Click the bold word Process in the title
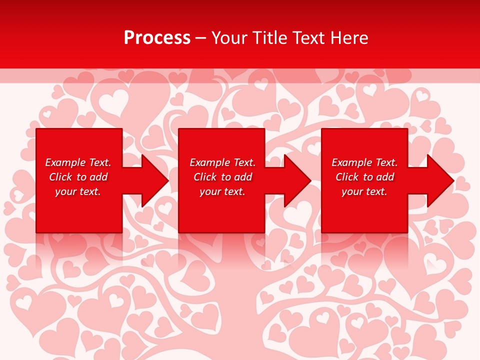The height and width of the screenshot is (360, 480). click(157, 38)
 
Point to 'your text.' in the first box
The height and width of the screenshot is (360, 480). click(78, 191)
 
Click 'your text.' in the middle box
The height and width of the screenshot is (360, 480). click(222, 191)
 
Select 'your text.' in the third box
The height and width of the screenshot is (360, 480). click(364, 191)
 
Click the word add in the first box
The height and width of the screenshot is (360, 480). click(99, 177)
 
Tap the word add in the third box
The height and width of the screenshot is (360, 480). click(385, 177)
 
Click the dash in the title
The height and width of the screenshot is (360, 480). click(201, 38)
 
